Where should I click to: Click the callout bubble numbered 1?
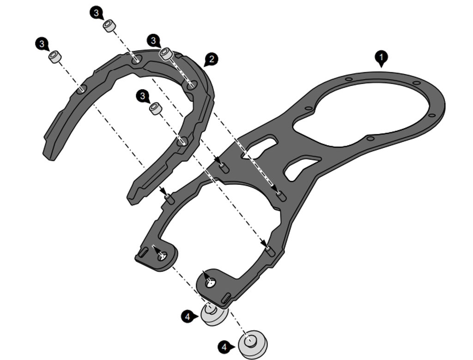[x=381, y=57]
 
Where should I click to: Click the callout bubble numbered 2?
[x=211, y=59]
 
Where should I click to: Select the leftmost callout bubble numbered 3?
[x=42, y=44]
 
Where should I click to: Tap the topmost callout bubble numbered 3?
[x=96, y=13]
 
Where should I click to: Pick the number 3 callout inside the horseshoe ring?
[x=143, y=96]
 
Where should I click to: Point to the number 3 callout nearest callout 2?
[x=153, y=40]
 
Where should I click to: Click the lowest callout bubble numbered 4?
[x=224, y=347]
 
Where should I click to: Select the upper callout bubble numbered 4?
[x=188, y=317]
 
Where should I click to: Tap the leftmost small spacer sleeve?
[x=55, y=57]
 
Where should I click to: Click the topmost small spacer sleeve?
[x=109, y=25]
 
